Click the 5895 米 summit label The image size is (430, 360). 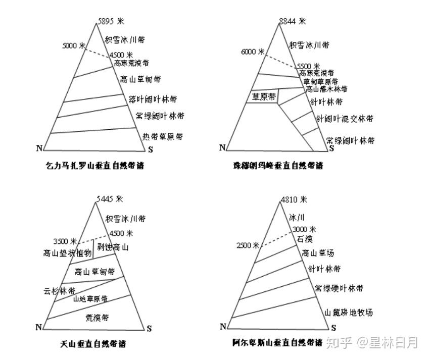111,22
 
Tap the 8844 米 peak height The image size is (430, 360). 293,21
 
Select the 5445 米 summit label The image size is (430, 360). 109,199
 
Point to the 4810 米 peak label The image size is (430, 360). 294,199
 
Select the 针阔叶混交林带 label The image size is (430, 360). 345,119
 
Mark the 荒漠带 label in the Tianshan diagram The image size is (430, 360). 97,318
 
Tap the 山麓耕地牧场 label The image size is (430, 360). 349,313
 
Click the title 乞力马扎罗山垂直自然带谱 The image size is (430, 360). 91,166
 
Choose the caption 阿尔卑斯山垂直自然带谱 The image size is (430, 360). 277,343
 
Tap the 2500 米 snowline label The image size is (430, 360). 248,245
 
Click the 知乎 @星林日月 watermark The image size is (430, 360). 372,343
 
